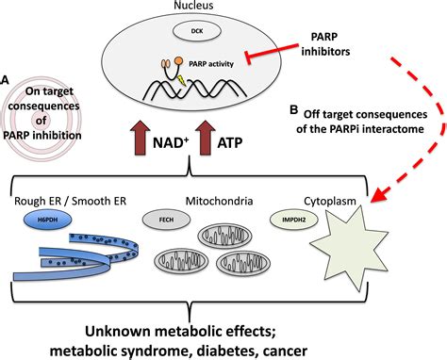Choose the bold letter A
coord(8,81)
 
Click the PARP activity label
coord(214,64)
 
